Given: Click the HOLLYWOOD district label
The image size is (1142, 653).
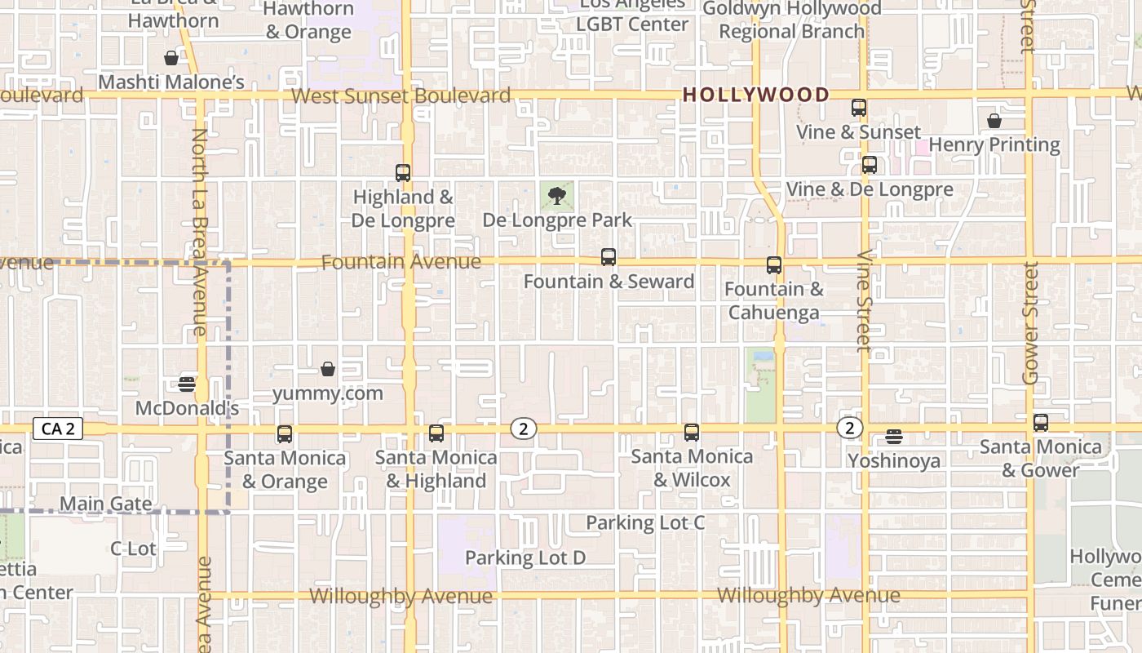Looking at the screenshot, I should point(755,95).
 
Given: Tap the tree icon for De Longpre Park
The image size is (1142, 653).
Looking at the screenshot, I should point(557,196).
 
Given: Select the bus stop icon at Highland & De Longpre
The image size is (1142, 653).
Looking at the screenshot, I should point(403,173).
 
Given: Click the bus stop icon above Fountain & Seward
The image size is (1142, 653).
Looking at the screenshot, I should point(609,257).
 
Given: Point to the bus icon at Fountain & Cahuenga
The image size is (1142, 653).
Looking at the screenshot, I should point(774,265).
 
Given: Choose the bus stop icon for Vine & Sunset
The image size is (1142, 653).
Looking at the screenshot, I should point(859,108).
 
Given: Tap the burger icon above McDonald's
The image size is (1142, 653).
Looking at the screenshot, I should point(187,384).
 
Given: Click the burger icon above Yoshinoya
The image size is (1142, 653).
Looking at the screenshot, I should point(894,437).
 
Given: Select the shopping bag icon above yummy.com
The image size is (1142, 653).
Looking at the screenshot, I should point(328,370).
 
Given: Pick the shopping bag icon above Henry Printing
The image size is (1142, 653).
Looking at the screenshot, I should point(994,122).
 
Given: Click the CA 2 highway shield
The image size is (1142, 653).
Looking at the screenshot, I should point(58,429).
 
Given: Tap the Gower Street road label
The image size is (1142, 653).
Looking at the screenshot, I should point(1030,322).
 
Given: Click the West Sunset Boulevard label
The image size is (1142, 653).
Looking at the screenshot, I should point(401,96).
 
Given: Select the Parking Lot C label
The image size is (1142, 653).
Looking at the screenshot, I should point(645,522).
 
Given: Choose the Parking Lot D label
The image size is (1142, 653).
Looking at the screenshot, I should point(525,558).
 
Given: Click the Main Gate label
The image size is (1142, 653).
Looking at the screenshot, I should point(106,504).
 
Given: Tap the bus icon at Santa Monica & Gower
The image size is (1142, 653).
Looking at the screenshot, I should point(1041,423).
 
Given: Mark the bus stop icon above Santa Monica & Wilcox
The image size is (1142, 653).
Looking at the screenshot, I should point(692,433).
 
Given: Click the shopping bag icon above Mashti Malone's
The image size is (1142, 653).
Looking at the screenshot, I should point(171,59).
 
